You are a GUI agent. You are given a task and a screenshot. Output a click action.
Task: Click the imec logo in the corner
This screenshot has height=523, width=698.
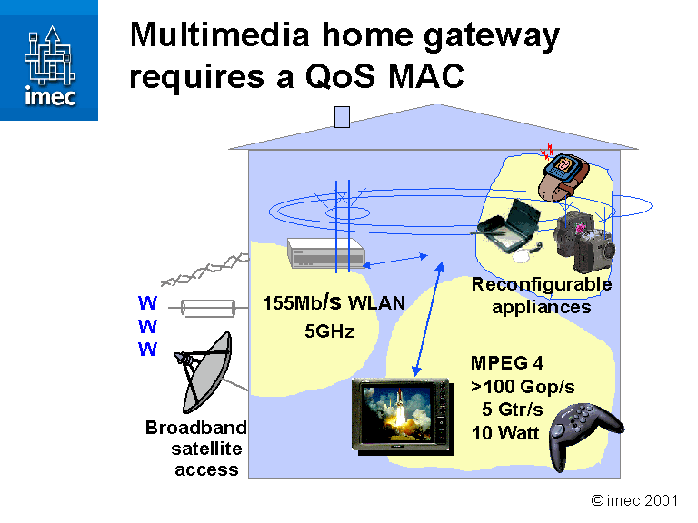(x=49, y=60)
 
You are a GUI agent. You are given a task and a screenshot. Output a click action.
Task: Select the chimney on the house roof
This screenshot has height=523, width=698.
(x=343, y=116)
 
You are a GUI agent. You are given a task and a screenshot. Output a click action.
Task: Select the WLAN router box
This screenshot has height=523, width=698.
(x=324, y=252)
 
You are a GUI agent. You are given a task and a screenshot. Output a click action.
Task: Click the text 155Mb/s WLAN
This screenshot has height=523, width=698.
(x=334, y=302)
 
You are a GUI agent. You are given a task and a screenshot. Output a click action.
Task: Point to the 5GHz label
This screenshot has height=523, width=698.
(x=328, y=331)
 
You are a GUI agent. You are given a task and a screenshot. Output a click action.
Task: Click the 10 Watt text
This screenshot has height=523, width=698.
(x=505, y=432)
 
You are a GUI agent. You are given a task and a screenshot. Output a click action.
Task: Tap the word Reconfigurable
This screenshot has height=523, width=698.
(x=541, y=284)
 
